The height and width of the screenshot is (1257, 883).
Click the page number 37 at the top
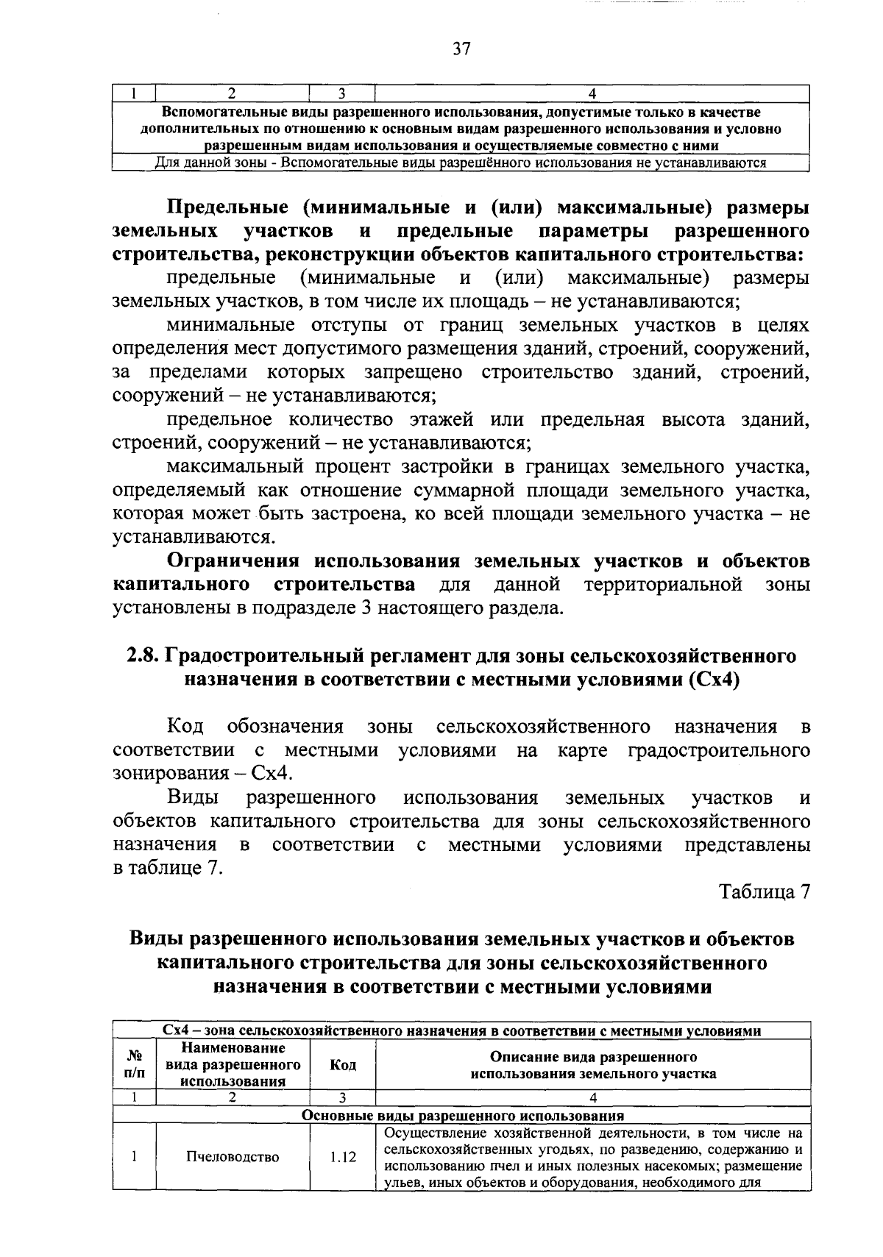click(461, 49)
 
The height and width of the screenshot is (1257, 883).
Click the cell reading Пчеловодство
click(233, 1157)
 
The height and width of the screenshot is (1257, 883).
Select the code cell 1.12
click(342, 1157)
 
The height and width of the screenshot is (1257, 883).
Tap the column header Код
click(342, 1065)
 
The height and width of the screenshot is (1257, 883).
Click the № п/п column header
click(134, 1065)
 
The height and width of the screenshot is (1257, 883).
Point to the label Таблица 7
click(765, 891)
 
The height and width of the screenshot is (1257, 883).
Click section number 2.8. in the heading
click(142, 655)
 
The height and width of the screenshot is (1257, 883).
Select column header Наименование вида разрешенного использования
click(233, 1064)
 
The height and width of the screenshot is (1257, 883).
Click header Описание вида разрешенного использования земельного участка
click(593, 1065)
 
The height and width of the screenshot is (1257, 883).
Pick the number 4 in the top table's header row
click(593, 93)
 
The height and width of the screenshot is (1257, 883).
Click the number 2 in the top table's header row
click(233, 93)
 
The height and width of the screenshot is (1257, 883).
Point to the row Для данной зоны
click(461, 163)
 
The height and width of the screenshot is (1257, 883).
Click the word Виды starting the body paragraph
click(194, 798)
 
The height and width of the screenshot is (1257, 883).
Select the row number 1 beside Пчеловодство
click(134, 1157)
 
